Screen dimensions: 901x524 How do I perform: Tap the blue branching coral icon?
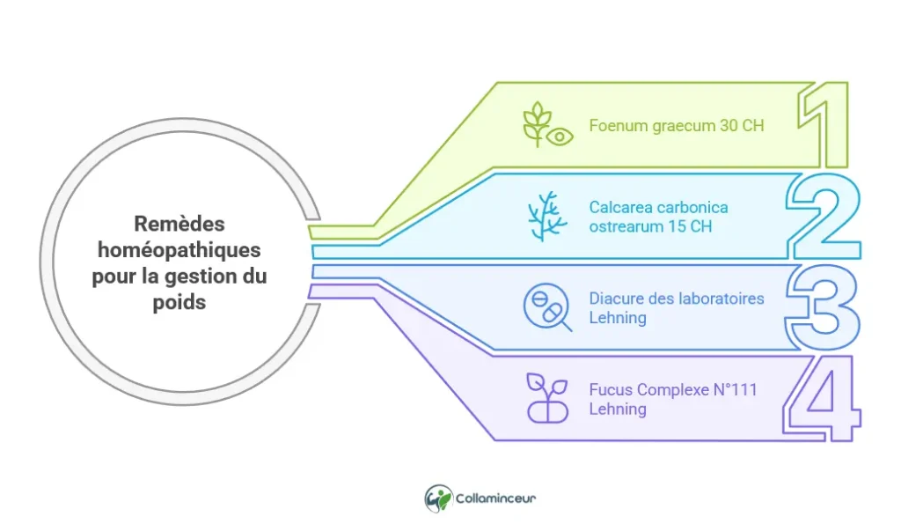547,217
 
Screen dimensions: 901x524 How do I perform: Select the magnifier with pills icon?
547,307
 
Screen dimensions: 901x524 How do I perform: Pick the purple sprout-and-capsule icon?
547,398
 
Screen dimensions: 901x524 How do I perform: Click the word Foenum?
619,125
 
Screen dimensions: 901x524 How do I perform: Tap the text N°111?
736,389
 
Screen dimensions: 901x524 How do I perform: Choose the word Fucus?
611,389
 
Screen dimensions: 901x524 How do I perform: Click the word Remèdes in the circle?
179,224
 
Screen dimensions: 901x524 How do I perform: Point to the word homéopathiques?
179,250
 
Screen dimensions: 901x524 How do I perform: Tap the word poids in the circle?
179,302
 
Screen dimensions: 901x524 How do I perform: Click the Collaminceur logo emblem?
438,498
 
